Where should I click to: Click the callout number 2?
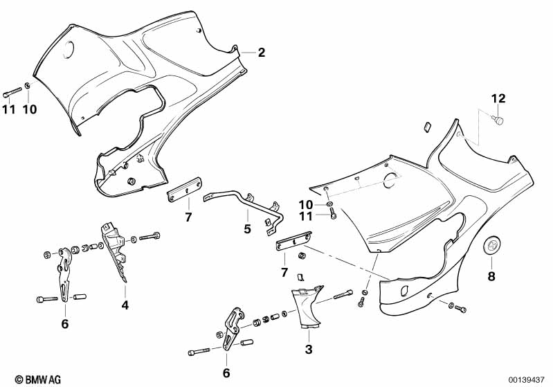(261, 53)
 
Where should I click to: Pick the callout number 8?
(492, 276)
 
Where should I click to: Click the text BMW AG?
(30, 379)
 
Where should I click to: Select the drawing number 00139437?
(527, 379)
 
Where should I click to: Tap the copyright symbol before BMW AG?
(8, 379)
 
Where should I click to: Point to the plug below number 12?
(497, 122)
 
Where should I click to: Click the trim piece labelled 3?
(307, 309)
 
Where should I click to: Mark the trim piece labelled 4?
(114, 253)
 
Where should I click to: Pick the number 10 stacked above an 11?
(306, 204)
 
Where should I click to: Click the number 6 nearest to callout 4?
(65, 323)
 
